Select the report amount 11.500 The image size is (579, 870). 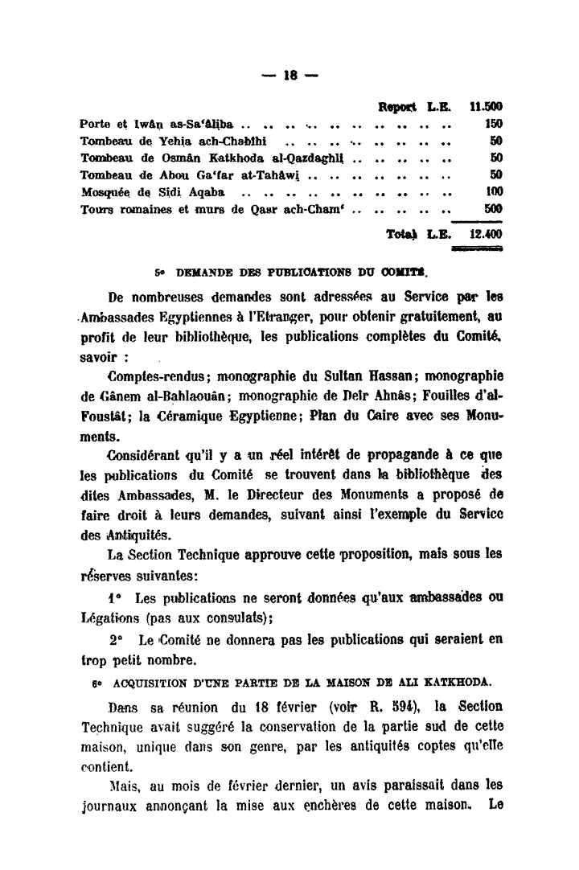point(486,105)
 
